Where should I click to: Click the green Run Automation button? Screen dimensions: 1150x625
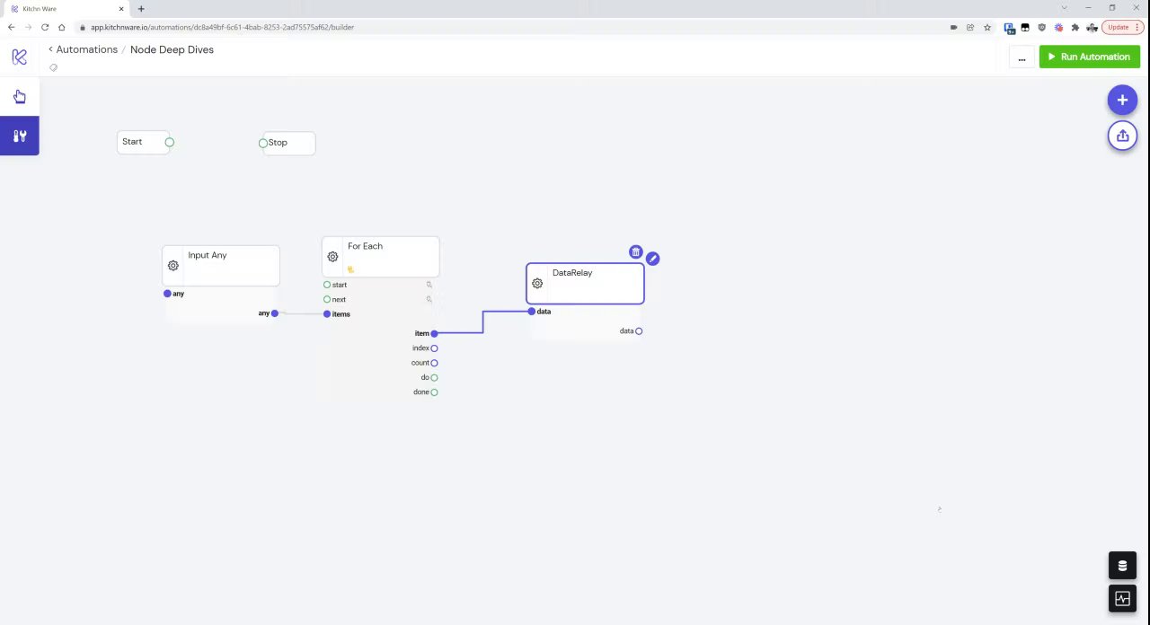tap(1090, 57)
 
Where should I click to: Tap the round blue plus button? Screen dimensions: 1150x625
tap(1122, 100)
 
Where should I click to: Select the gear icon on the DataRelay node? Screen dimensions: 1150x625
tap(537, 283)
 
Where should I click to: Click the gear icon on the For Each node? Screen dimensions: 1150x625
tap(332, 257)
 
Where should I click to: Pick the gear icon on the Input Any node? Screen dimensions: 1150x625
tap(173, 265)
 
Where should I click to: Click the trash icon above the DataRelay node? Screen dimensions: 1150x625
tap(635, 252)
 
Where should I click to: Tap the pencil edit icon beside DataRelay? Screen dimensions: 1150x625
tap(652, 259)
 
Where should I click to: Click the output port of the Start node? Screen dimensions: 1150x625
tap(170, 142)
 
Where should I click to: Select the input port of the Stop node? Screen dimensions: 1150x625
tap(263, 143)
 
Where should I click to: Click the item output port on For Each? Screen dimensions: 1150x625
tap(434, 333)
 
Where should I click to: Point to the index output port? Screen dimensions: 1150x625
tap(434, 348)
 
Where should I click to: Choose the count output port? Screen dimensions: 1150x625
tap(434, 363)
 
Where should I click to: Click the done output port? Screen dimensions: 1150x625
tap(434, 392)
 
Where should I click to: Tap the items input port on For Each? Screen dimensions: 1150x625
tap(327, 314)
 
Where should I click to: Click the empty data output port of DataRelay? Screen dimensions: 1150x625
tap(639, 331)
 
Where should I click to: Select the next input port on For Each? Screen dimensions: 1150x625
tap(327, 299)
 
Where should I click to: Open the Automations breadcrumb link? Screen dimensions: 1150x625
tap(87, 49)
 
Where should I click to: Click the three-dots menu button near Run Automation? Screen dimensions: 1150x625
tap(1022, 57)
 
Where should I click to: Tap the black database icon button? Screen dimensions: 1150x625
tap(1122, 566)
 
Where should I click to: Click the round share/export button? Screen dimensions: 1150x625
tap(1122, 136)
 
